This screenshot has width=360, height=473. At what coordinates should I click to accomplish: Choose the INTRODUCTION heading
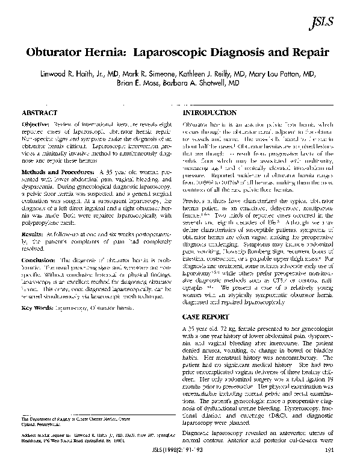point(209,113)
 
